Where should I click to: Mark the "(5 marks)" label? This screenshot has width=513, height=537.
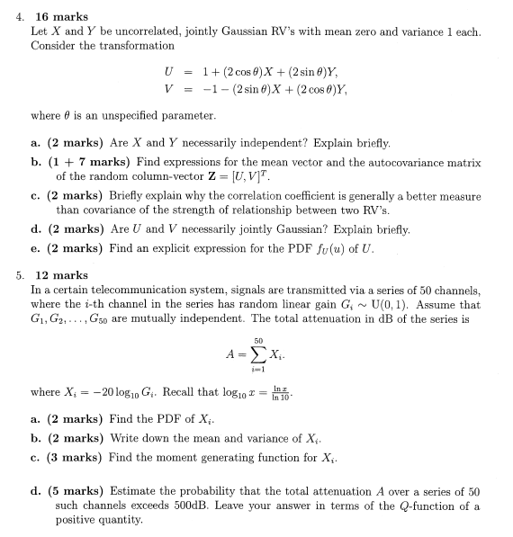coord(80,491)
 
